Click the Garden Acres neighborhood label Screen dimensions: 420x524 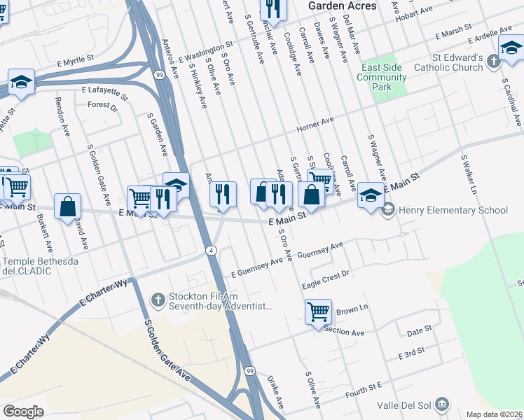[342, 6]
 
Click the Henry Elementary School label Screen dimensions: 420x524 [453, 210]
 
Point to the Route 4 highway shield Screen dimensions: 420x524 [209, 250]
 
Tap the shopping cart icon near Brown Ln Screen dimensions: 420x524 [318, 310]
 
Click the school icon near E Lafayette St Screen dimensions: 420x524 [21, 83]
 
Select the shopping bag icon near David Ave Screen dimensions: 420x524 [67, 207]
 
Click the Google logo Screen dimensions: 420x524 [23, 411]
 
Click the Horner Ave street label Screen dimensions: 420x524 [315, 124]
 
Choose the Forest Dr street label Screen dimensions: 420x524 [102, 106]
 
